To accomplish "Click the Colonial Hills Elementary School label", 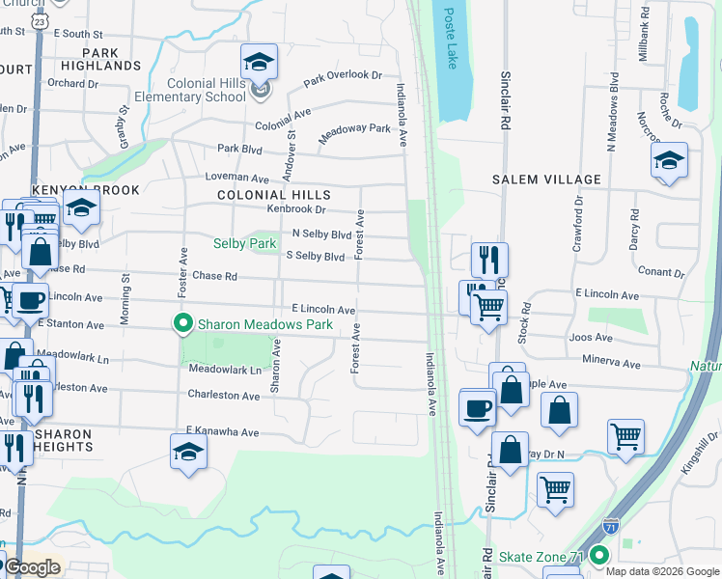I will tap(206, 90).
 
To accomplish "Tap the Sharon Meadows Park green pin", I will tap(180, 324).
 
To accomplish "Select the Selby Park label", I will tap(244, 244).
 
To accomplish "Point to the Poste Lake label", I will tap(451, 39).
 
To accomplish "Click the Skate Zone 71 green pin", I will tap(599, 557).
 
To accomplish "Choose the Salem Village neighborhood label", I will tap(546, 179).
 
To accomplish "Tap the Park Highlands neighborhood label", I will tap(100, 59).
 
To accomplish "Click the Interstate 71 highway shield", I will tap(610, 527).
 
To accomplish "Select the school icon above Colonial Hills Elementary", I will tap(259, 63).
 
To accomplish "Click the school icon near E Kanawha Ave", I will tap(188, 451).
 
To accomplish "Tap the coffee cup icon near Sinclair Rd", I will tap(477, 408).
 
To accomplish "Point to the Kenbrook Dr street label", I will tap(297, 208).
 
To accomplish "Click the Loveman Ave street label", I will tap(236, 179).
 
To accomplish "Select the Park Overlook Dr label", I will tap(343, 76).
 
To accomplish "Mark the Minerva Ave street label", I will tap(611, 364).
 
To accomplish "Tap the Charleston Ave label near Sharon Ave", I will tap(223, 396).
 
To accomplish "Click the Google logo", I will tap(32, 567).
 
